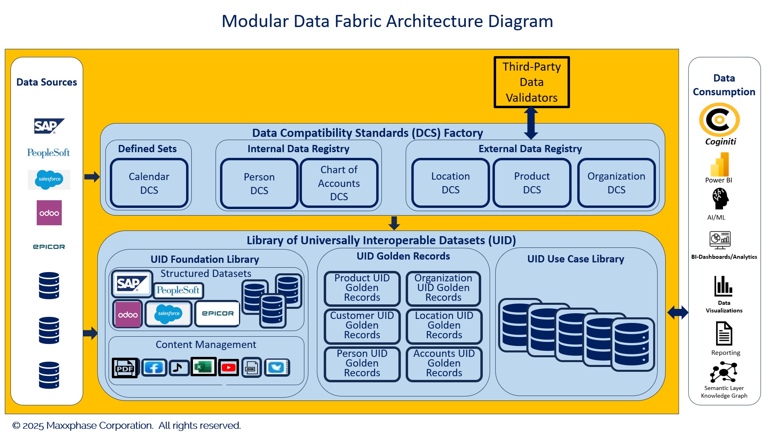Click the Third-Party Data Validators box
(531, 82)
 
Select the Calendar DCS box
(149, 183)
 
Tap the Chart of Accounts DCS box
(339, 183)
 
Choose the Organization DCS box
(616, 183)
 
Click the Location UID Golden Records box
(444, 325)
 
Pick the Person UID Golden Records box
(362, 363)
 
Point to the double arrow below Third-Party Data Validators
(531, 123)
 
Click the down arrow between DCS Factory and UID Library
(394, 223)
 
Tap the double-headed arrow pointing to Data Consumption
(678, 312)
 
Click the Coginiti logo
(719, 120)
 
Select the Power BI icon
(719, 164)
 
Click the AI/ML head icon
(720, 199)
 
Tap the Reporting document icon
(724, 333)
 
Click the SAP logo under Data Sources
(49, 126)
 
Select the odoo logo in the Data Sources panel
(49, 213)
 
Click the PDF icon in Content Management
(125, 367)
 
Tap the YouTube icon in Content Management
(228, 367)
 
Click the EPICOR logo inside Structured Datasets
(218, 313)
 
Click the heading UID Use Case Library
(575, 259)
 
